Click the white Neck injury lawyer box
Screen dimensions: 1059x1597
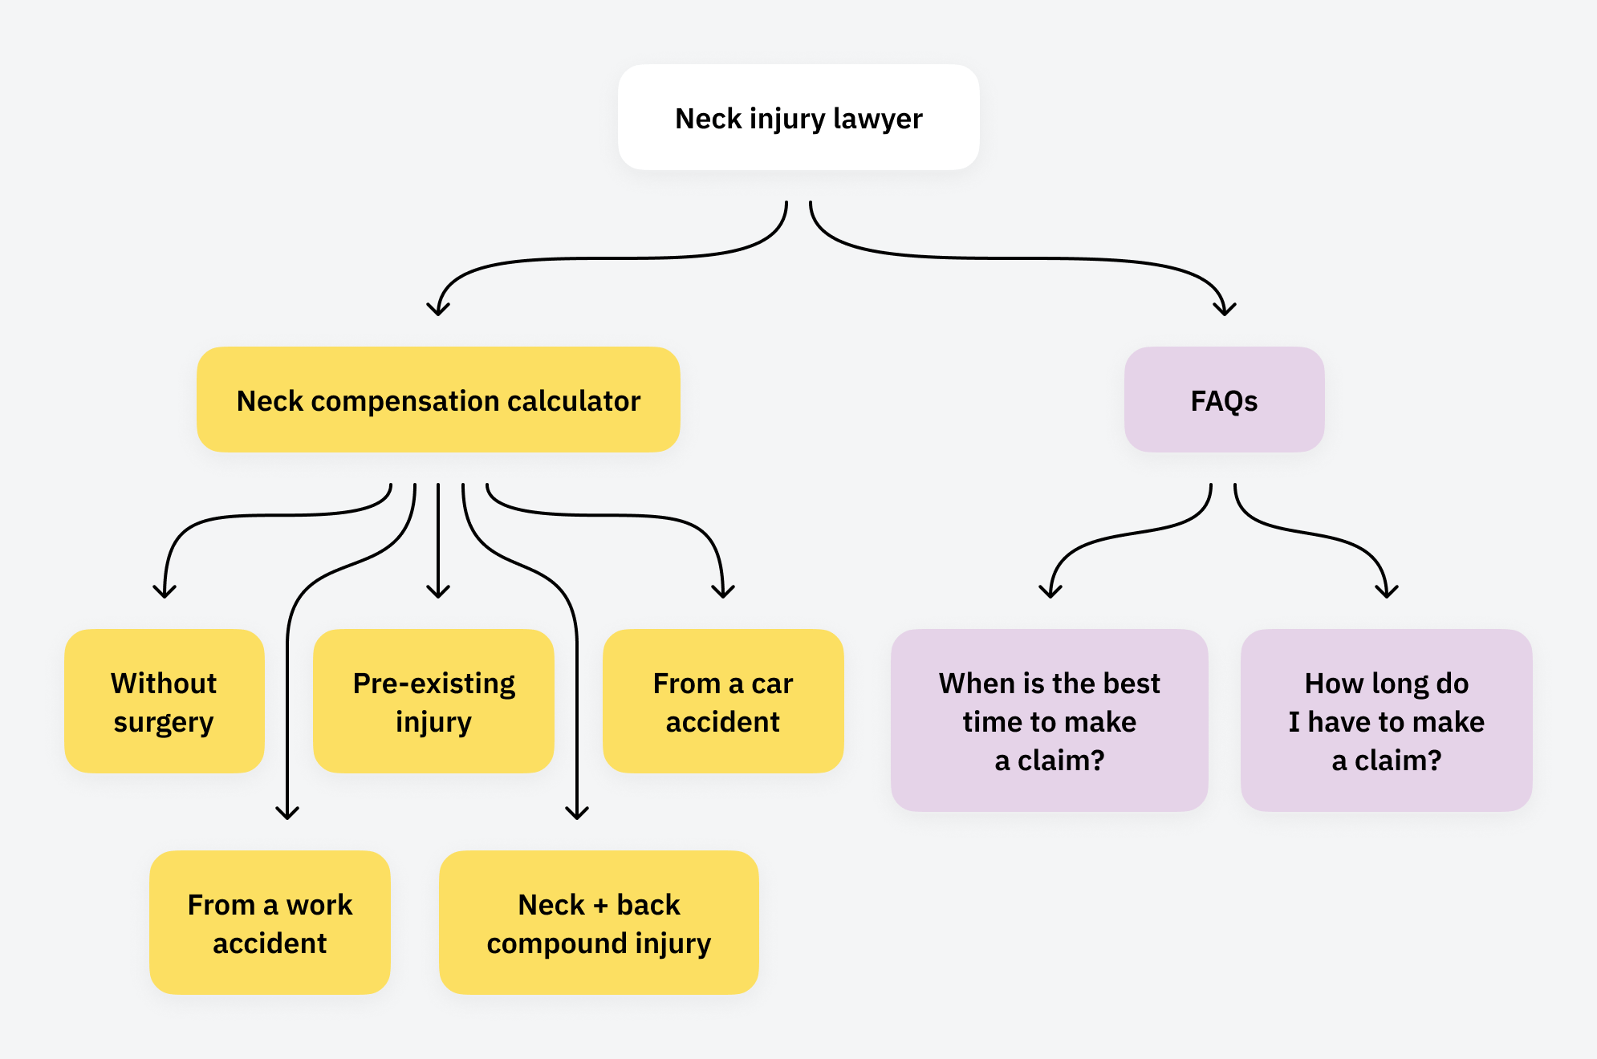tap(798, 117)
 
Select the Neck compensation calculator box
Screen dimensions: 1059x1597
tap(438, 400)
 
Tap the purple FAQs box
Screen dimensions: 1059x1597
tap(1224, 400)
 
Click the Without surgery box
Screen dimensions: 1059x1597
tap(164, 701)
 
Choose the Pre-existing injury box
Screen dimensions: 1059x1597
tap(433, 701)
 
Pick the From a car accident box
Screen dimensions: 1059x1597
tap(722, 701)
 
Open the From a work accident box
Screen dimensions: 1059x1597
tap(270, 923)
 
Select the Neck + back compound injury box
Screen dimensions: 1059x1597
tap(599, 923)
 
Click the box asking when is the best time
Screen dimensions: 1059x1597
tap(1049, 720)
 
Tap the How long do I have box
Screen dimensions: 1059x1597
tap(1386, 720)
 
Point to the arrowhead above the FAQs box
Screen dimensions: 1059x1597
tap(1225, 310)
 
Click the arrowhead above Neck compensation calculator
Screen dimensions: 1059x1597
tap(438, 310)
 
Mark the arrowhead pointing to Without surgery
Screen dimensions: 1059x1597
tap(165, 592)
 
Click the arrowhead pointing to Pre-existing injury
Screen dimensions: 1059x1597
tap(438, 592)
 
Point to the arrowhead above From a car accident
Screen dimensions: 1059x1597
tap(723, 592)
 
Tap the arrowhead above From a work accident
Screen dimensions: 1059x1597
tap(287, 814)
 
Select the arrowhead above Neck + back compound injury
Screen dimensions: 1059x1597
tap(577, 814)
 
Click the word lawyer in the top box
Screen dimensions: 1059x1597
tap(878, 119)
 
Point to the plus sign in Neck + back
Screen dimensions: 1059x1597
tap(600, 906)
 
